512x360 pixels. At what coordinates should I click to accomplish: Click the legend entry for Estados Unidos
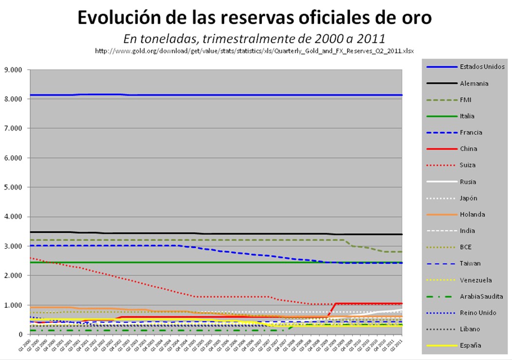[482, 67]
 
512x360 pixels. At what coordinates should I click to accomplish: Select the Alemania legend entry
[474, 83]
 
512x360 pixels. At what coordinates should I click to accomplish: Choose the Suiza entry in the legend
[468, 165]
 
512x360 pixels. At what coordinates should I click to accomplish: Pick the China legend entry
[469, 149]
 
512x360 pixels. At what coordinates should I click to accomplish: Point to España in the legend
[470, 345]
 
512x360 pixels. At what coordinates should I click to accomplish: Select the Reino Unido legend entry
[477, 313]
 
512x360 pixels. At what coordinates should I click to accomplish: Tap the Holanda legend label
[472, 214]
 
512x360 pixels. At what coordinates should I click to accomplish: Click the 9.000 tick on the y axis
[13, 70]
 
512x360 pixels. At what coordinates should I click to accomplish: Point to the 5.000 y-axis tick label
[13, 188]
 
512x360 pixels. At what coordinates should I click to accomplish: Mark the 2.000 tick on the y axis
[13, 276]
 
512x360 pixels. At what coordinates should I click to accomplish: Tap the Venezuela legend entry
[475, 280]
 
